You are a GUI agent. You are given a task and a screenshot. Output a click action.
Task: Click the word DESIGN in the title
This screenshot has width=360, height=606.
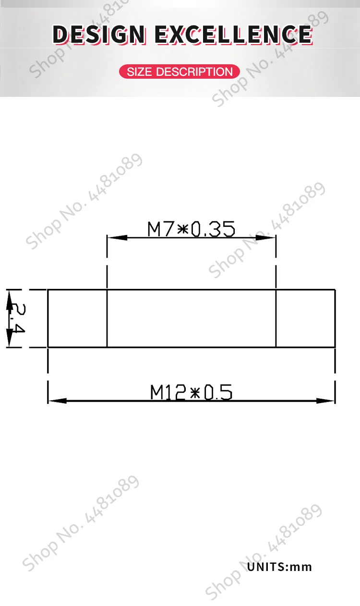click(x=99, y=35)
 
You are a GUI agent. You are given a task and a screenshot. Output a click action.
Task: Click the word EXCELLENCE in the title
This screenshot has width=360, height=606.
click(x=234, y=35)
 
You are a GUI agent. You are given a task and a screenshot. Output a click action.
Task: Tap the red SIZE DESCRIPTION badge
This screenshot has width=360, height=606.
click(x=180, y=71)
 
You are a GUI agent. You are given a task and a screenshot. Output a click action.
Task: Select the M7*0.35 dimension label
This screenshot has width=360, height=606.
click(x=191, y=229)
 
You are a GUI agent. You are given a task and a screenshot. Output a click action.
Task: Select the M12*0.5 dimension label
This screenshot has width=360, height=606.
click(x=191, y=392)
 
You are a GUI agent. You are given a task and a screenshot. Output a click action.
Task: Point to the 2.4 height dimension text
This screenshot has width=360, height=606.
click(x=18, y=318)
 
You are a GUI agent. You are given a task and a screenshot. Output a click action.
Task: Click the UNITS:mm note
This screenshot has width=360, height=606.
click(x=280, y=567)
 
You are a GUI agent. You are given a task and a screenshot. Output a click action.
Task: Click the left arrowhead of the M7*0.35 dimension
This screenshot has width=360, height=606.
click(x=117, y=238)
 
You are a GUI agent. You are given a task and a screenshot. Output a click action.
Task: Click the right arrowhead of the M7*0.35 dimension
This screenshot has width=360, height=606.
click(x=266, y=238)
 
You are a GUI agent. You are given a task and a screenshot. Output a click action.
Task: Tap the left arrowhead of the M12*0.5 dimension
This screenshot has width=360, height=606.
click(x=58, y=401)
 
